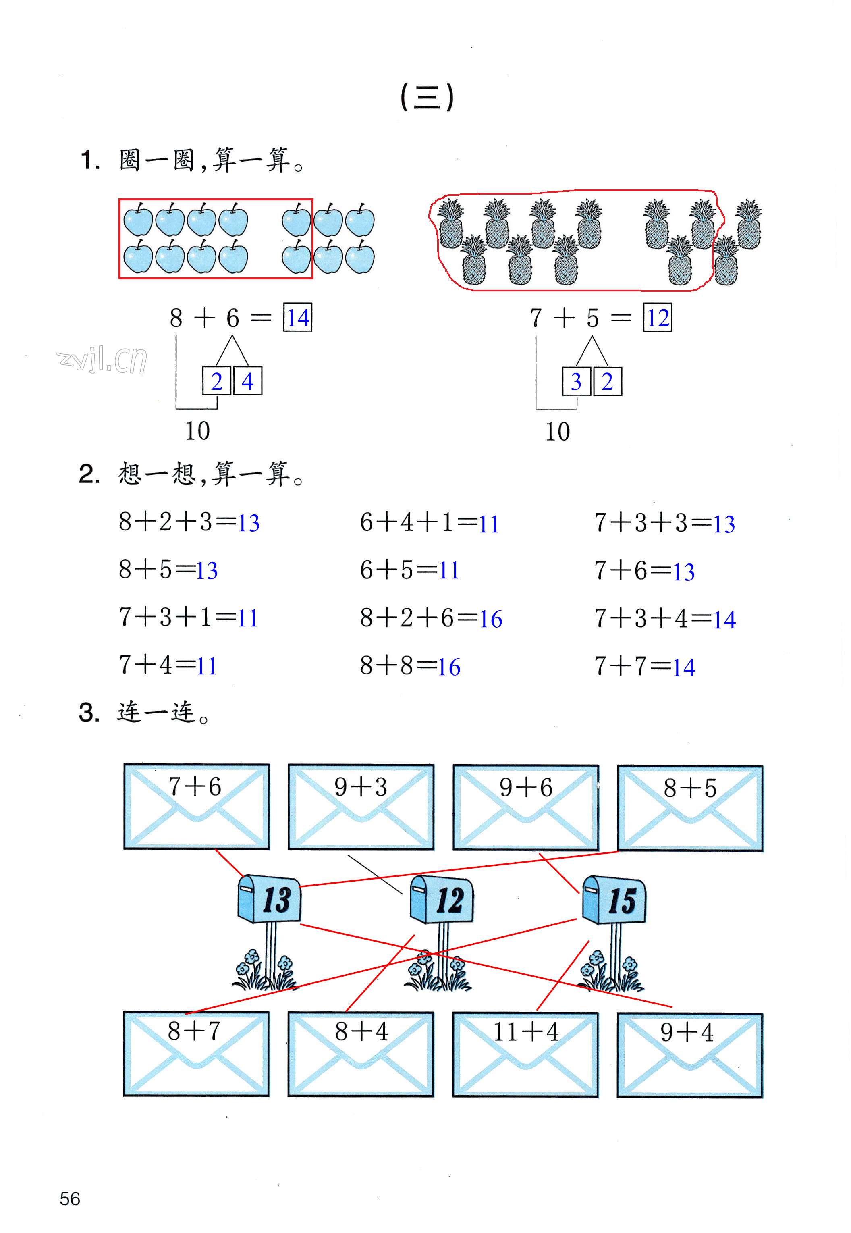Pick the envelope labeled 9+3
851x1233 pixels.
[x=361, y=807]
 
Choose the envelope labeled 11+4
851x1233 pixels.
[x=525, y=1054]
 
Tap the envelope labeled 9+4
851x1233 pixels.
[x=690, y=1055]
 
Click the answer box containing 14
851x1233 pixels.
[x=297, y=318]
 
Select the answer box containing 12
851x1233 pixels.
[x=658, y=318]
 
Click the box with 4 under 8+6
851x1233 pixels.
[x=247, y=381]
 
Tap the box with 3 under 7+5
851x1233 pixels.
[x=576, y=381]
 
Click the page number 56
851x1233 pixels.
[x=70, y=1198]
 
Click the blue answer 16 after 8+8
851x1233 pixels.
[x=449, y=667]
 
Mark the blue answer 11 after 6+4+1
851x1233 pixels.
[x=488, y=524]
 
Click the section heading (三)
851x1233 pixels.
[x=427, y=98]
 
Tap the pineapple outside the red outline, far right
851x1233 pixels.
[x=748, y=225]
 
